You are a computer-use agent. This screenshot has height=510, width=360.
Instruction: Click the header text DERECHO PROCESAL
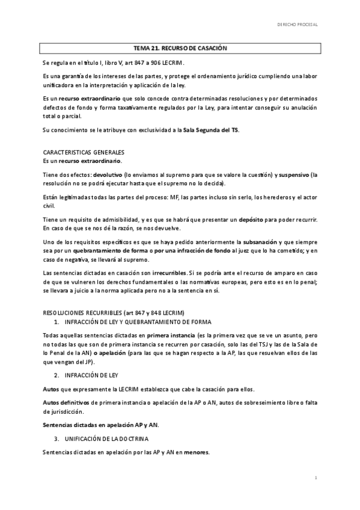(296, 26)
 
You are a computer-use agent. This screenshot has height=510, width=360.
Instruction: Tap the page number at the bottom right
(315, 477)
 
